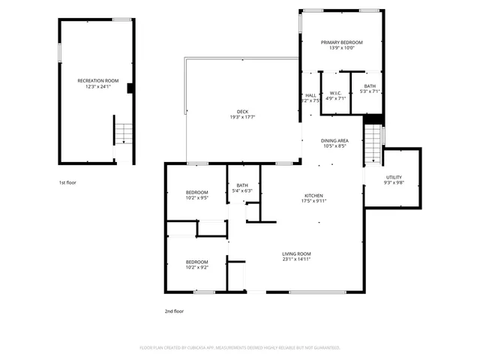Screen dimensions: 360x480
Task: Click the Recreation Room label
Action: (97, 80)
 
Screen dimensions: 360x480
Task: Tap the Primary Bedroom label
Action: (341, 43)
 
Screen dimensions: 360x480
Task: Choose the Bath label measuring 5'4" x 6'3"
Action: (242, 185)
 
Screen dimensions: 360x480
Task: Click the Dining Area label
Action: (334, 141)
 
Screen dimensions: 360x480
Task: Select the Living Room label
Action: (296, 254)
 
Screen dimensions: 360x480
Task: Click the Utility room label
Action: (394, 178)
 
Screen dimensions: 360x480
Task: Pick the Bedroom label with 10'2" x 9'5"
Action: (196, 193)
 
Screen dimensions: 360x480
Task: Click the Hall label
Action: (310, 95)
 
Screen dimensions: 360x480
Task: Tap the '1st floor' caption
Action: (67, 182)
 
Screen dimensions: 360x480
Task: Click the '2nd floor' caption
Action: (174, 310)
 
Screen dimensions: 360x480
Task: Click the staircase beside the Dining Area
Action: (373, 142)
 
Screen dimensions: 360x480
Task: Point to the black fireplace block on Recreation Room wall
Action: (130, 88)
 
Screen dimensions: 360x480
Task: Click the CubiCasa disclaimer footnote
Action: (240, 348)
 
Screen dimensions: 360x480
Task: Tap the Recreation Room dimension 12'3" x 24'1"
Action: (97, 87)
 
